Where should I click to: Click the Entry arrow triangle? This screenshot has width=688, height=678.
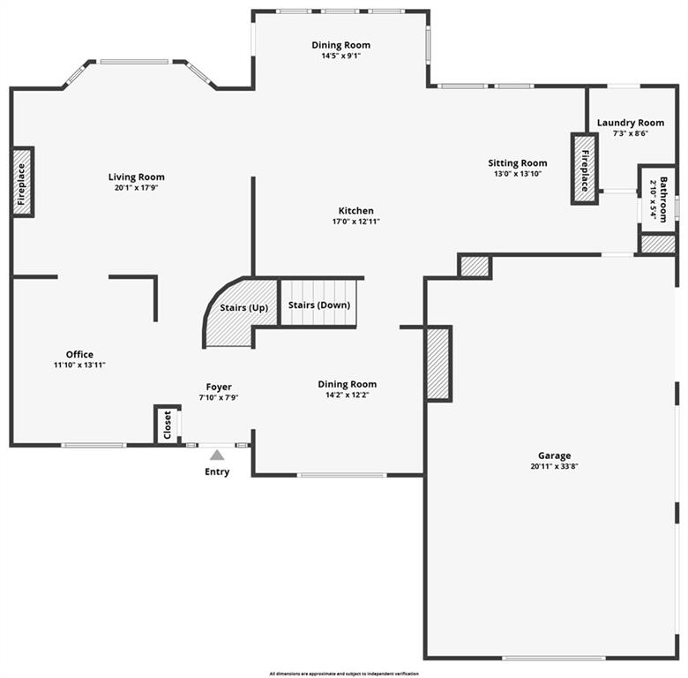(217, 455)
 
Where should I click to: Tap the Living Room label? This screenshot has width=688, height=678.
(137, 177)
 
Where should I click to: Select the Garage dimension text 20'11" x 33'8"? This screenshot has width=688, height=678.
(554, 466)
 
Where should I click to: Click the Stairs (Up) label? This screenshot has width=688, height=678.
(244, 308)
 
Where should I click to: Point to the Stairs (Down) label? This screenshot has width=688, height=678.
(319, 305)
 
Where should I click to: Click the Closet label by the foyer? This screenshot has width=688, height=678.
(168, 426)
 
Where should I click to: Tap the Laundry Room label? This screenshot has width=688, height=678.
(630, 123)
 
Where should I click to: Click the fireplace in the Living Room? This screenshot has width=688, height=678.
(22, 182)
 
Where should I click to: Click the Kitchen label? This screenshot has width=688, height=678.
(355, 211)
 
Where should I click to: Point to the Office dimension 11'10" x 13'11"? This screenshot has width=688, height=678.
(79, 365)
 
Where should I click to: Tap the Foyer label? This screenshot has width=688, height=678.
(219, 387)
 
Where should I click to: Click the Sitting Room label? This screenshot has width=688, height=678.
(518, 162)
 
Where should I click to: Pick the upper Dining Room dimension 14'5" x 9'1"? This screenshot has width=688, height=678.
(341, 56)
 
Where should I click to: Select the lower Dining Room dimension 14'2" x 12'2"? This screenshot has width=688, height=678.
(347, 395)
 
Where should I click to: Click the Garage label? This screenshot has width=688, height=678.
(554, 456)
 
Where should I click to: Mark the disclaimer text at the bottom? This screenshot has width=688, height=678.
(344, 673)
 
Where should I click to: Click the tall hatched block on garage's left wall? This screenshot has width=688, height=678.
(438, 363)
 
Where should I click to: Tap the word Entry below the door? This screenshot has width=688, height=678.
(217, 471)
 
